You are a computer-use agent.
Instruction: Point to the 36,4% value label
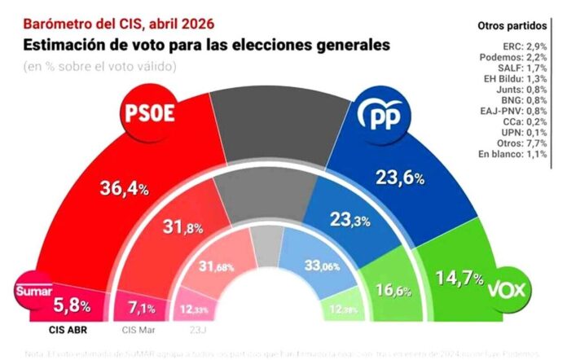[x=125, y=189]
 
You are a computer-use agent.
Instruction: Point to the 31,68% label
[x=216, y=266]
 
